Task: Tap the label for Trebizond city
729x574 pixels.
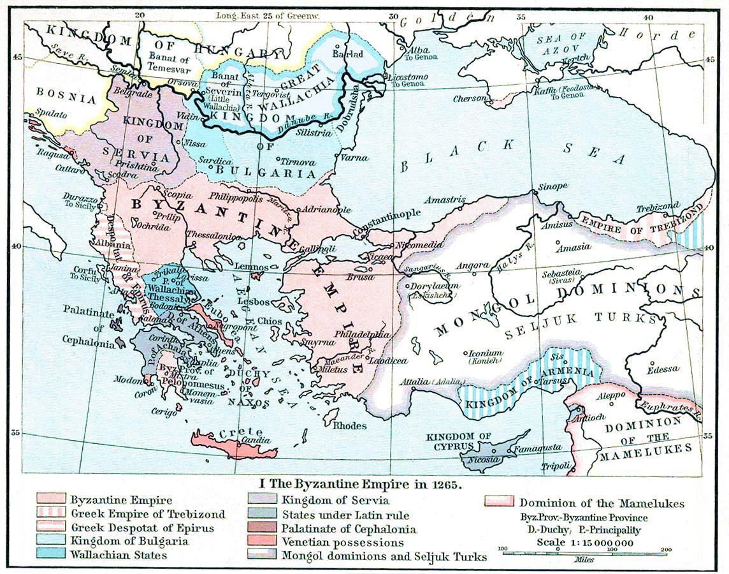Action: pos(658,209)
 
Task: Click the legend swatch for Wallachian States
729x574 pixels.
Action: pos(51,554)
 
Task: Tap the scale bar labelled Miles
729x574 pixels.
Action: pos(556,552)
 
